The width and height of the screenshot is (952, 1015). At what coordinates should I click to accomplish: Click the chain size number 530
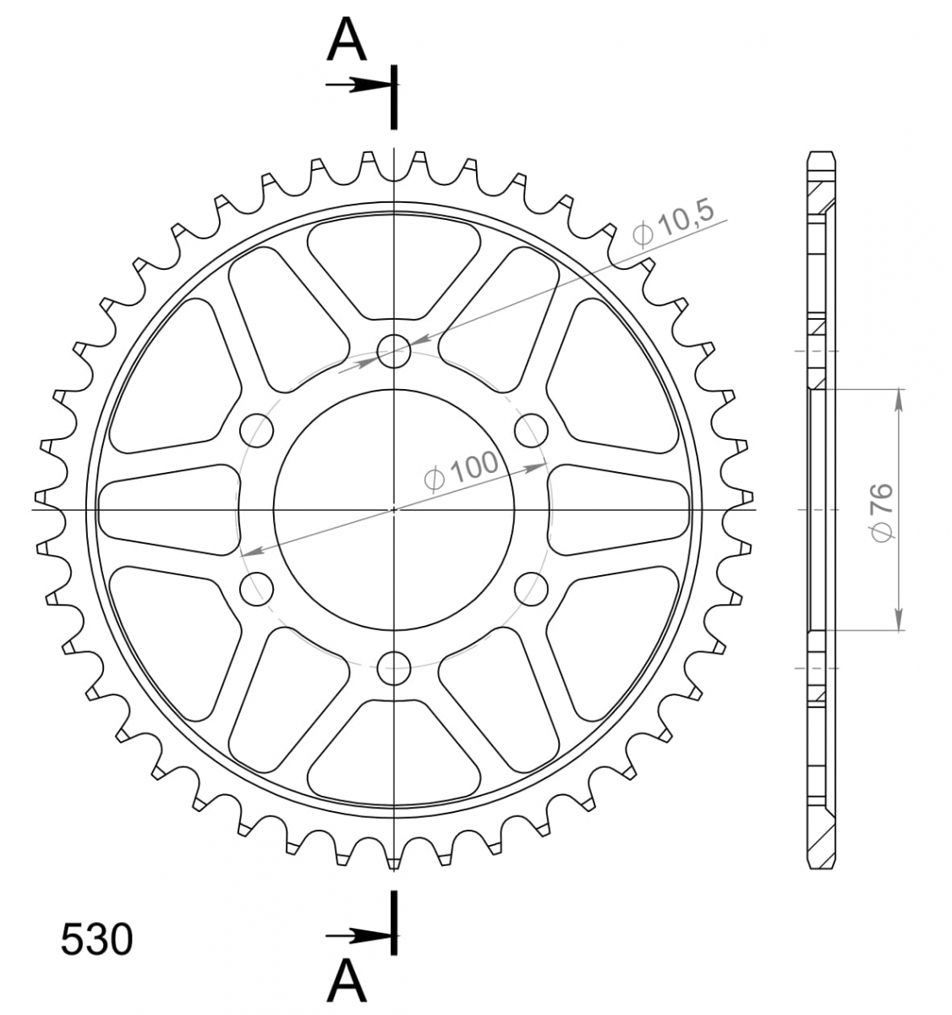96,939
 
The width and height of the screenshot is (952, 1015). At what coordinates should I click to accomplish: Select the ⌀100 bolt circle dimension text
461,472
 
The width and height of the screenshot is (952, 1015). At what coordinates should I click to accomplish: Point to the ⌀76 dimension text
882,512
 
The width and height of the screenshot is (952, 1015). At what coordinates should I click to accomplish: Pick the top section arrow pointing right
358,85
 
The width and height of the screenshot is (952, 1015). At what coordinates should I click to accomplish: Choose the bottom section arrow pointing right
358,936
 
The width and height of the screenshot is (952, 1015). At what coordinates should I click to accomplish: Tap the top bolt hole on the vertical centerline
393,351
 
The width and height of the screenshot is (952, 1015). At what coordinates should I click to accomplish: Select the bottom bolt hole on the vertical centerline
393,668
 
